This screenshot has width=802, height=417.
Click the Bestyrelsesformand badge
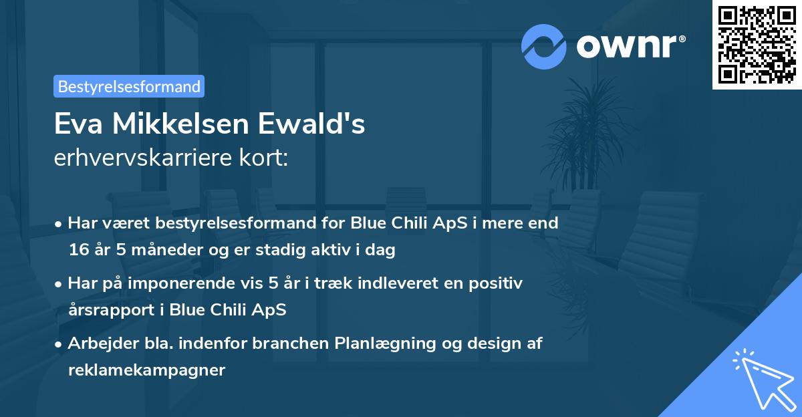pos(128,86)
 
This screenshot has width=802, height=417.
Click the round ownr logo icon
pos(544,46)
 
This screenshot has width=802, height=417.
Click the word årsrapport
pos(108,310)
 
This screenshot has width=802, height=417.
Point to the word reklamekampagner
pos(146,370)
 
